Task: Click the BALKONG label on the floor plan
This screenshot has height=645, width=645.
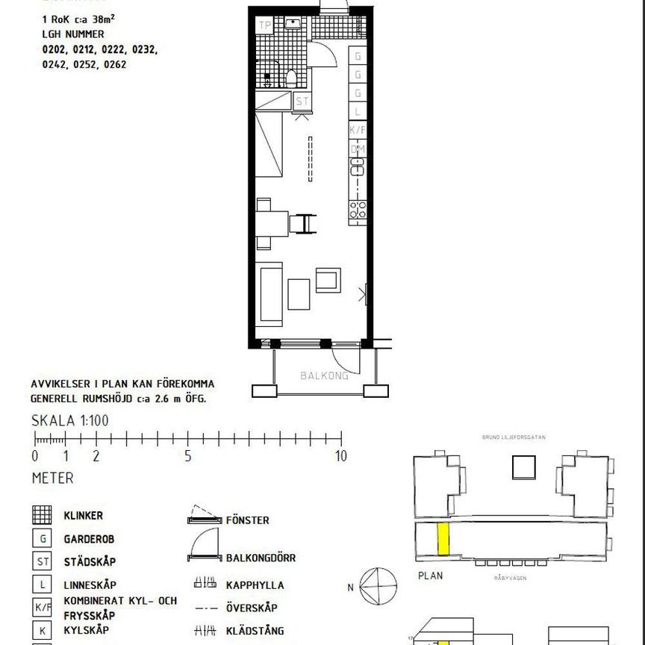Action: pos(324,376)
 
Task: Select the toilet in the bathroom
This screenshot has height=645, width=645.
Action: pos(292,77)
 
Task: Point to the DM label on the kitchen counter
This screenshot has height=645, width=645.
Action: pos(358,149)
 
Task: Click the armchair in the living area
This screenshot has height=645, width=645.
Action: pos(328,280)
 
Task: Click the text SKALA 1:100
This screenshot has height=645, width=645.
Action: pos(70,420)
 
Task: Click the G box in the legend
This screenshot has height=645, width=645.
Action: pos(43,538)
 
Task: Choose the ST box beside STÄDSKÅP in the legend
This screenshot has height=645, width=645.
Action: pos(43,561)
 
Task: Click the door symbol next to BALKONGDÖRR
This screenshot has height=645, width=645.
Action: pos(204,549)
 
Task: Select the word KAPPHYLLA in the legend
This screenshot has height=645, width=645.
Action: pos(255,585)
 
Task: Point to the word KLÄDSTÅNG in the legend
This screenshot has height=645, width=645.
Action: pos(255,631)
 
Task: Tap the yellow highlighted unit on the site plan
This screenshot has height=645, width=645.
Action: pos(443,540)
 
